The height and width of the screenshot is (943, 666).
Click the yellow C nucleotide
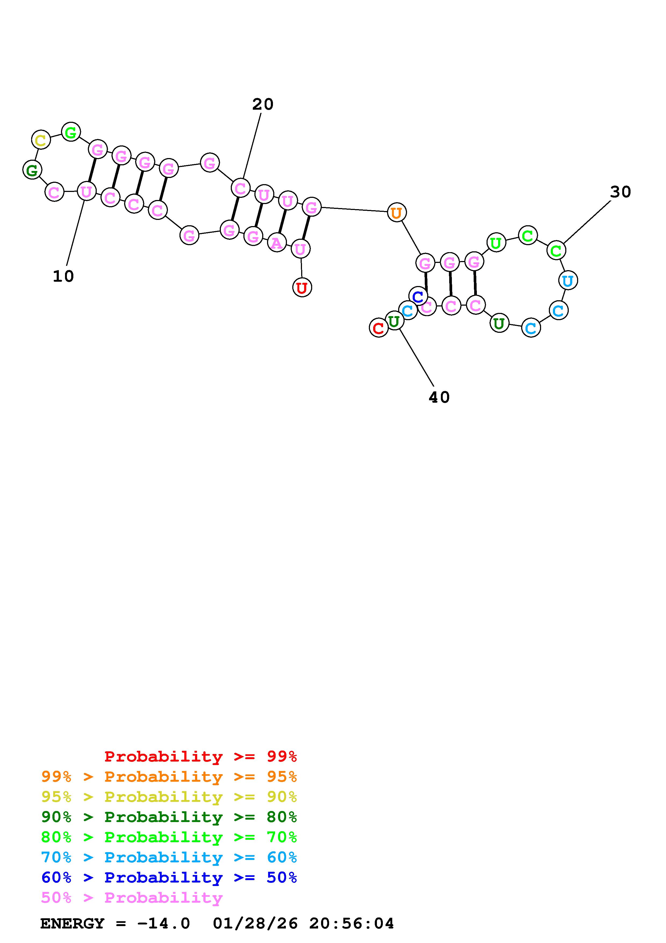pyautogui.click(x=41, y=140)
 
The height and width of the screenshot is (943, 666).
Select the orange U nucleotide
pyautogui.click(x=396, y=213)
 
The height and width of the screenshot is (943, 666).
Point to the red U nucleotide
pyautogui.click(x=302, y=288)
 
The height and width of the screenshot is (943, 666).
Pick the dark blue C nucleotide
pyautogui.click(x=418, y=296)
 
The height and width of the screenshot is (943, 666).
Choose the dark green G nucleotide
pyautogui.click(x=32, y=170)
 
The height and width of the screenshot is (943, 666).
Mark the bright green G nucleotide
pyautogui.click(x=71, y=132)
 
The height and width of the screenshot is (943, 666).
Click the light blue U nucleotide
pyautogui.click(x=568, y=281)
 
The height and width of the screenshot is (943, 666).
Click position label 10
pyautogui.click(x=63, y=276)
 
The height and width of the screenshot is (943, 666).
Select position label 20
pyautogui.click(x=263, y=104)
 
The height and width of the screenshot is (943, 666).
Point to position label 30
pyautogui.click(x=620, y=192)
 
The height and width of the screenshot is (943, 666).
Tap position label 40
pyautogui.click(x=439, y=397)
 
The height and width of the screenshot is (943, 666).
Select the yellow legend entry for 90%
pyautogui.click(x=169, y=797)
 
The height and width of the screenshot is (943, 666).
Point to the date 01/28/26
pyautogui.click(x=255, y=923)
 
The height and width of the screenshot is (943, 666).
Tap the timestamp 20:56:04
pyautogui.click(x=352, y=923)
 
